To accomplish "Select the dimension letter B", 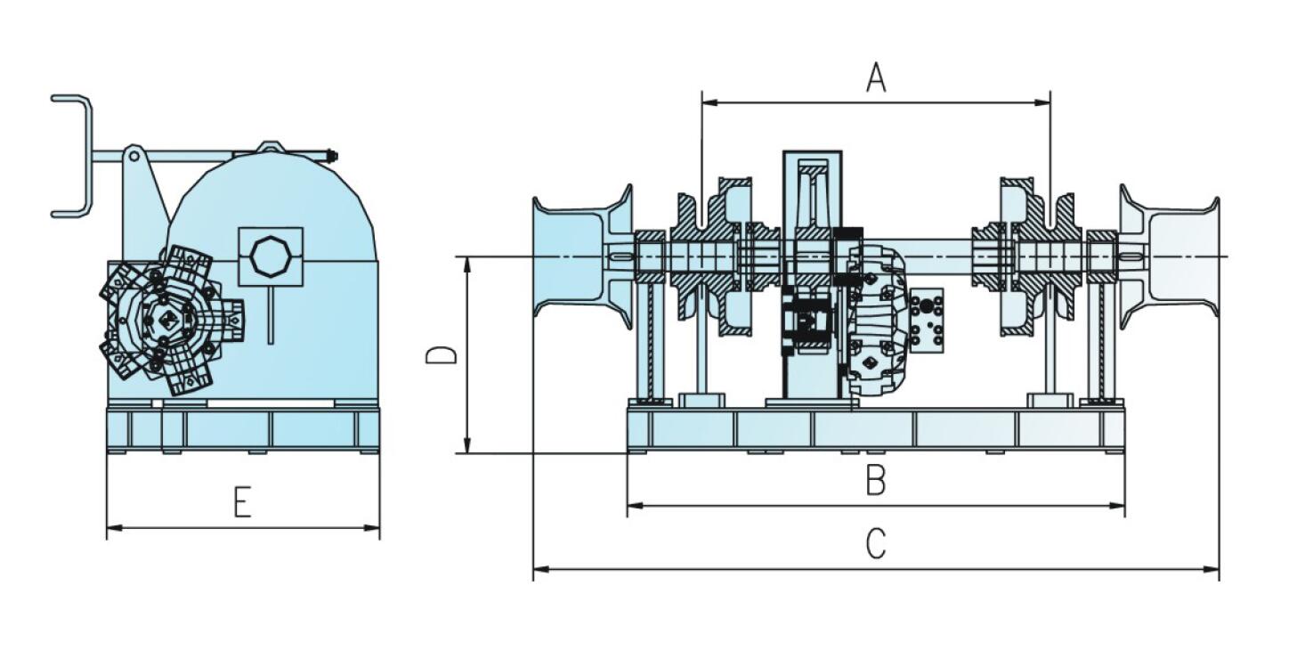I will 877,482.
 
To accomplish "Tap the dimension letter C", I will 877,543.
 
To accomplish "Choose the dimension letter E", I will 241,503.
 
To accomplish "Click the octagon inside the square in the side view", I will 271,257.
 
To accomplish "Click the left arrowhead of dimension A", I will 708,103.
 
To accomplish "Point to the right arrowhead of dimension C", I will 1213,568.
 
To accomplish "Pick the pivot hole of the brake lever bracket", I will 134,157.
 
